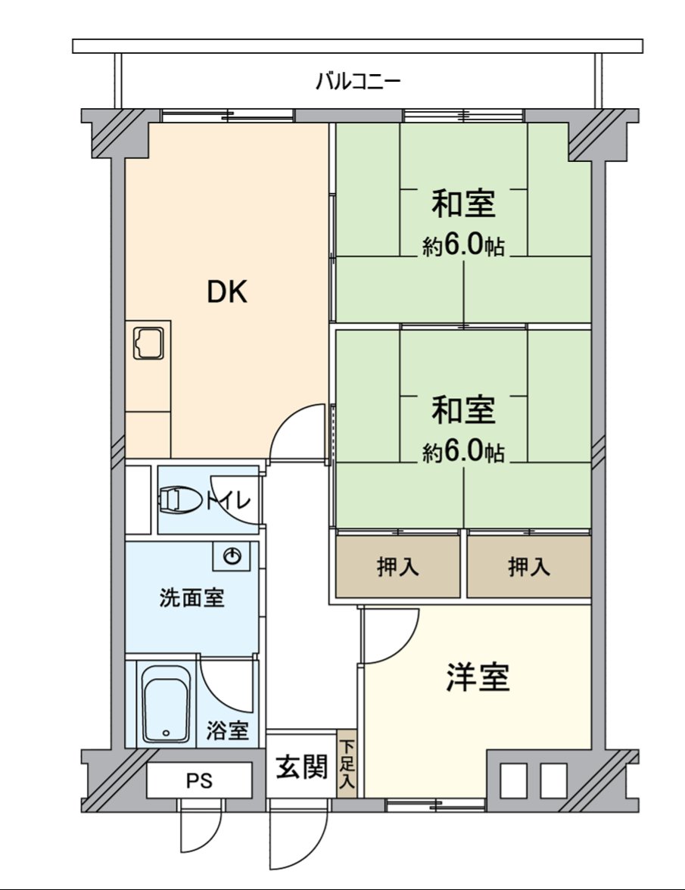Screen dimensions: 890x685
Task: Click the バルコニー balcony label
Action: tap(357, 81)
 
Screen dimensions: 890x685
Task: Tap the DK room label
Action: tap(227, 292)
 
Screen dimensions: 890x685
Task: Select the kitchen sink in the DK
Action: tap(148, 344)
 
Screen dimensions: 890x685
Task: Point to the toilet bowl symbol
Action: tap(175, 500)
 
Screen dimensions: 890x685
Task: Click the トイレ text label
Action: tap(228, 501)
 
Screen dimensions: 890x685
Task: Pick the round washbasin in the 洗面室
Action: tap(233, 558)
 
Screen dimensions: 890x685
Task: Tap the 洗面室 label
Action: tap(191, 598)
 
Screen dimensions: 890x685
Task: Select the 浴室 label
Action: tap(227, 731)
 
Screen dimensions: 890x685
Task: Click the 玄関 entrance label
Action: tap(300, 767)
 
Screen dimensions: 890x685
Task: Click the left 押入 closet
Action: tap(398, 567)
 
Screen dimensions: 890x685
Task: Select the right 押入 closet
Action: tap(528, 567)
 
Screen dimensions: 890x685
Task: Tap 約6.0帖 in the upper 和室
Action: tap(463, 246)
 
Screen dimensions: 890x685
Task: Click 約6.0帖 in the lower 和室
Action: tap(463, 452)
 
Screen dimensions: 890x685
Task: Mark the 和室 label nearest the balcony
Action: tap(463, 204)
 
